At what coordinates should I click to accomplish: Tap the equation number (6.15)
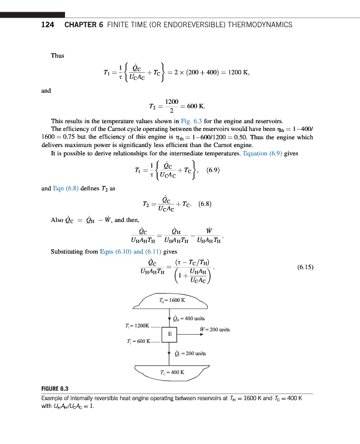click(x=306, y=266)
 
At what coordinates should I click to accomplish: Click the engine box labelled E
click(x=169, y=334)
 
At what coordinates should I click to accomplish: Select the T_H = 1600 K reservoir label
click(x=171, y=300)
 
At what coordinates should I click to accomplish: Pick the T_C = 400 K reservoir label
click(x=172, y=372)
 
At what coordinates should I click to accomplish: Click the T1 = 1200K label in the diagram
click(x=138, y=325)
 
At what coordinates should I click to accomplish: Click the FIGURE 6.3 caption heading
click(x=59, y=389)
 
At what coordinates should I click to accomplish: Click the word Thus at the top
click(x=57, y=55)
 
